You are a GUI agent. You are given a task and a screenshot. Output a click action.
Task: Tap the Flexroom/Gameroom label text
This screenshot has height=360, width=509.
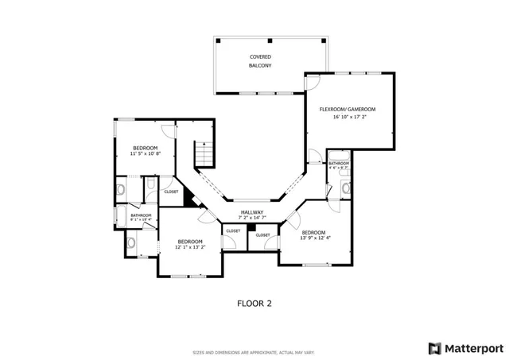[x=348, y=109]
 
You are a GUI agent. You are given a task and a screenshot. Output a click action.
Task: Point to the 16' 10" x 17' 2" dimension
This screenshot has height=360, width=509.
[x=348, y=117]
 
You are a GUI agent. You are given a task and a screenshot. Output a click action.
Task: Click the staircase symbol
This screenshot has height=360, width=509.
[x=204, y=151]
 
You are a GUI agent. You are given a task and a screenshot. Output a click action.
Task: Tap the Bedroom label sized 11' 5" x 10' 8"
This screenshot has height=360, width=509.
[x=145, y=148]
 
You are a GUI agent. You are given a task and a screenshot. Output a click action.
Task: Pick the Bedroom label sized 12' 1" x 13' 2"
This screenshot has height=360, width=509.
[x=189, y=242]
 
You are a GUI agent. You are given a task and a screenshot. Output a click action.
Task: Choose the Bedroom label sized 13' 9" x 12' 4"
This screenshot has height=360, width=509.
[x=315, y=230]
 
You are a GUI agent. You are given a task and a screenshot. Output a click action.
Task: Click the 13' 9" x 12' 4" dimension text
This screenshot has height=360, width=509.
[x=315, y=238]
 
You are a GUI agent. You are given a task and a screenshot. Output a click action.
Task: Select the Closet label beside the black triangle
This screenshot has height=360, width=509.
[x=171, y=192]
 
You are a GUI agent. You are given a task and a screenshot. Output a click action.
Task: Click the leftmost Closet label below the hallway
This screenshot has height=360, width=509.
[x=233, y=230]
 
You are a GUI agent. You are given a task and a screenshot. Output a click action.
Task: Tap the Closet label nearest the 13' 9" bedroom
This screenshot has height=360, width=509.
[x=263, y=235]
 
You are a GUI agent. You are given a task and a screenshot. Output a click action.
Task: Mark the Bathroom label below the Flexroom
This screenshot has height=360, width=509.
[x=339, y=164]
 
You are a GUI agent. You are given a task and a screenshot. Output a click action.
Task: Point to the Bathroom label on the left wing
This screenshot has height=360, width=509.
[x=142, y=215]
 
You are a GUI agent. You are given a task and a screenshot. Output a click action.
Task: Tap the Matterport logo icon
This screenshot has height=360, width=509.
[x=433, y=347]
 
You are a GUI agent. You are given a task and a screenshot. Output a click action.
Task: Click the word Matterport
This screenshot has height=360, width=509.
[x=472, y=347]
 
